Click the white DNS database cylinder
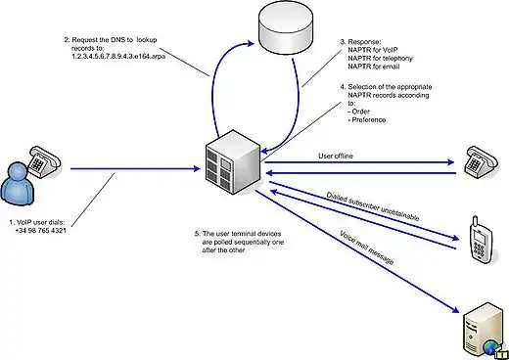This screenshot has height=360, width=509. pos(286,28)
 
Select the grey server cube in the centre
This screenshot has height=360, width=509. pos(233,162)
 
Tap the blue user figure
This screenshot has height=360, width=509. pos(18,184)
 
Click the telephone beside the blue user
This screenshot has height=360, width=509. pos(44,161)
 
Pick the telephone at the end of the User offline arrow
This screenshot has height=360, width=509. pos(482,161)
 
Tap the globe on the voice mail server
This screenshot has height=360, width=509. pos(490,347)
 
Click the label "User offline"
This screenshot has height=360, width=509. pos(336,156)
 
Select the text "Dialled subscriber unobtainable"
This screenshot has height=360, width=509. pos(373,206)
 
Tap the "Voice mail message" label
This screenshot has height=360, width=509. pos(367,247)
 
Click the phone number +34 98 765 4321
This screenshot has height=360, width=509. pos(40,231)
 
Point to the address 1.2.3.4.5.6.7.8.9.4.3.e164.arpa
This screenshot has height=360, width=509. pos(118,56)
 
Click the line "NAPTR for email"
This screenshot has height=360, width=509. pos(374,67)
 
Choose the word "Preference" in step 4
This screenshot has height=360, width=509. pos(369,119)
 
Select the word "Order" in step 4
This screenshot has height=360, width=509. pos(360,112)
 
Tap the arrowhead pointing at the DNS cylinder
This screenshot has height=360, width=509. pos(251,43)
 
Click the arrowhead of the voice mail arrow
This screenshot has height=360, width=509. pos(456,310)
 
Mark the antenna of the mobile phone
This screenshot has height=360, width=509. pos(476,221)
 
